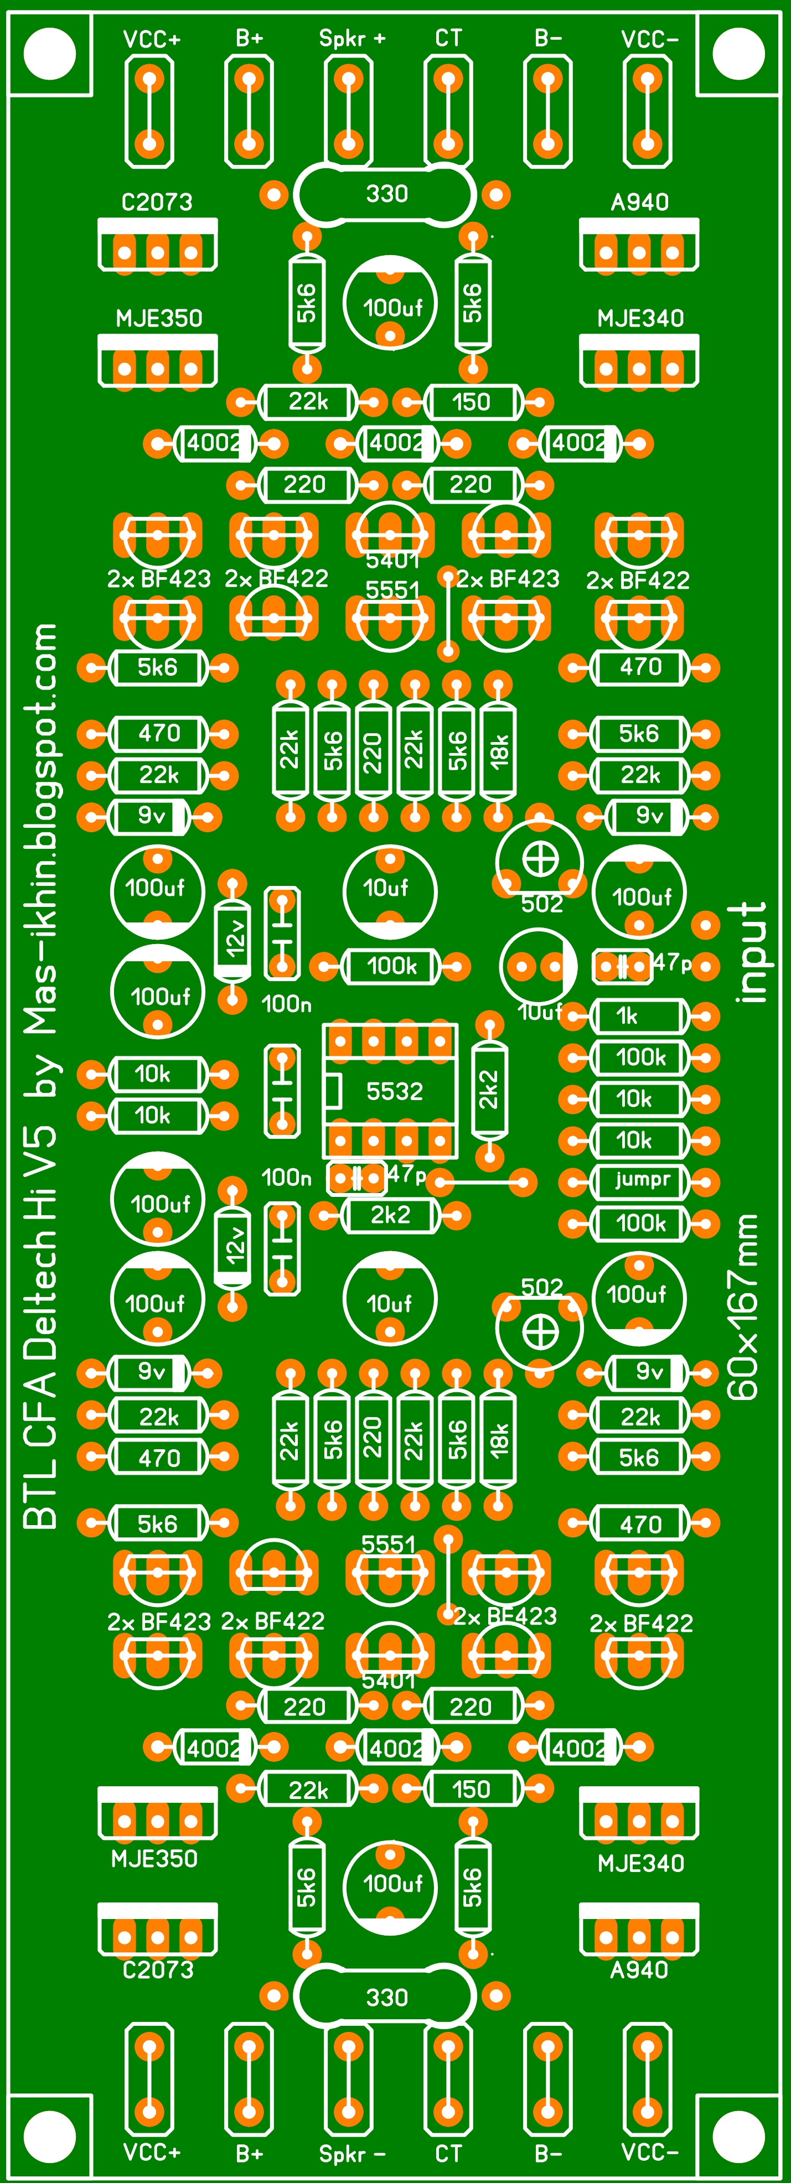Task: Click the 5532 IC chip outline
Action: click(x=390, y=1091)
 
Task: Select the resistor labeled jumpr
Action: click(x=639, y=1180)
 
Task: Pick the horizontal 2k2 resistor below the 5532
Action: click(x=390, y=1215)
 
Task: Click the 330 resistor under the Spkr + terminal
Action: click(x=386, y=194)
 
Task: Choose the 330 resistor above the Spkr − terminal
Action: click(x=386, y=1998)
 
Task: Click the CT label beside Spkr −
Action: click(x=448, y=2153)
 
